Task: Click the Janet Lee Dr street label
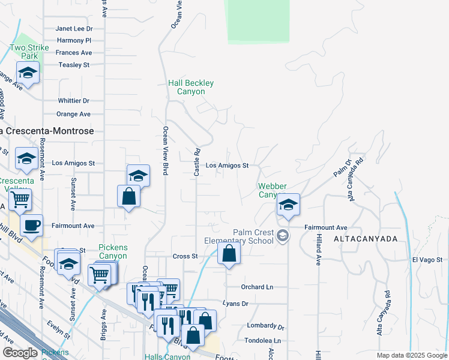click(74, 28)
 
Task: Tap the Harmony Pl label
click(74, 40)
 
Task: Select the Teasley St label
click(73, 65)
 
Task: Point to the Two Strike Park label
click(29, 52)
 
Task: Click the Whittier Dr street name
click(73, 101)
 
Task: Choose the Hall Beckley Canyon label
click(191, 87)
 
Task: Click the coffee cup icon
click(31, 226)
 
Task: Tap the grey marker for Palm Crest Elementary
click(283, 235)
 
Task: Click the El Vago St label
click(427, 260)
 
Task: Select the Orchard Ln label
click(257, 287)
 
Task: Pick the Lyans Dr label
click(235, 304)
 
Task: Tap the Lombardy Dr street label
click(265, 326)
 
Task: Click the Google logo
click(20, 353)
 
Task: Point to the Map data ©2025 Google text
click(411, 355)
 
